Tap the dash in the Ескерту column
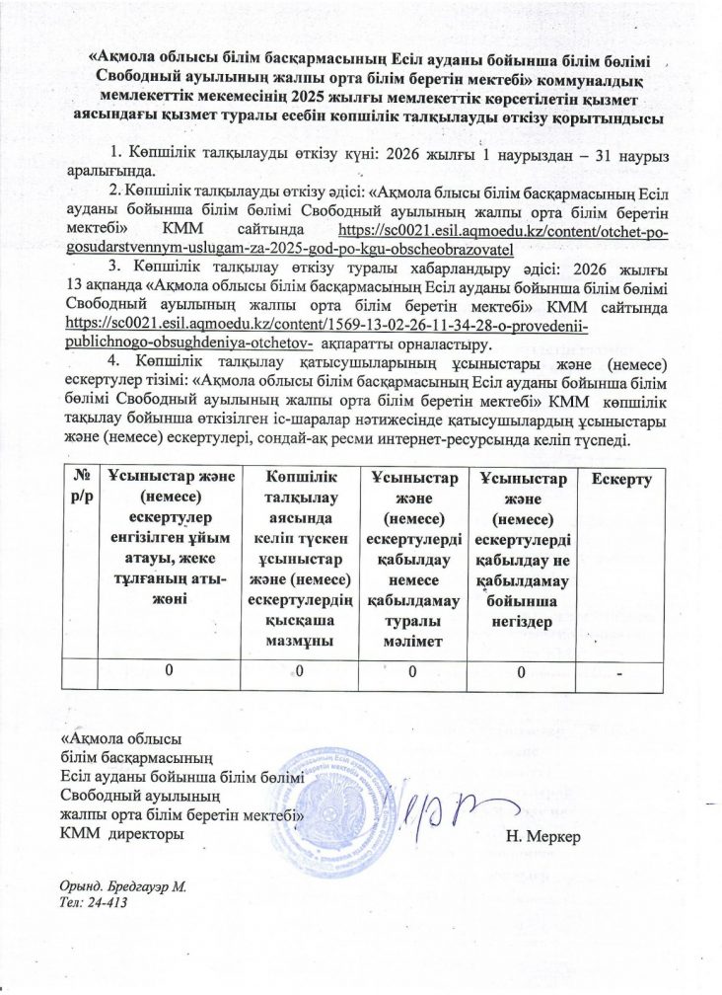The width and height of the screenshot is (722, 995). [619, 672]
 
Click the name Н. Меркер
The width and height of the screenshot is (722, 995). [542, 838]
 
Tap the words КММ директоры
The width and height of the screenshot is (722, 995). [120, 837]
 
